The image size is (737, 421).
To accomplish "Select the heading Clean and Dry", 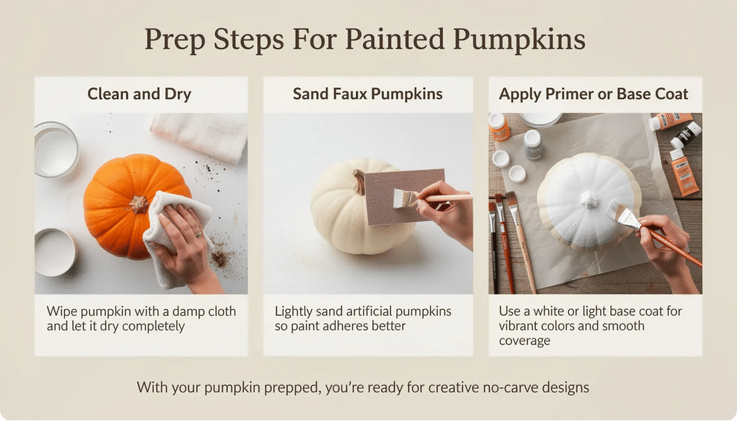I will click(x=139, y=95).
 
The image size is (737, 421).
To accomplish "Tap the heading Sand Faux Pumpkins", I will click(x=368, y=95).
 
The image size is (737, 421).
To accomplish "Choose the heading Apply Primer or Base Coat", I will click(x=593, y=95).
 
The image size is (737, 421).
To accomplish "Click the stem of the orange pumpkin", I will click(x=138, y=203).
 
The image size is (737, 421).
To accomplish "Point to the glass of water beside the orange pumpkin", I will click(x=55, y=150).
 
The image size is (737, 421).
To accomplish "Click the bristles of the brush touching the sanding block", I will click(x=405, y=199).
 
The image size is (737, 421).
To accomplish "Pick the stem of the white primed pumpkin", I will click(x=590, y=199).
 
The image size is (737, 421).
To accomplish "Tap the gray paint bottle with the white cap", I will click(x=533, y=145).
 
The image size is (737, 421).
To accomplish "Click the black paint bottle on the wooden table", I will click(x=686, y=135).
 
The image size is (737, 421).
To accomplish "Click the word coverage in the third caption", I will click(x=525, y=341).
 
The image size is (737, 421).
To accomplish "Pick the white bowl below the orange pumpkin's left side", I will click(x=55, y=250).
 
